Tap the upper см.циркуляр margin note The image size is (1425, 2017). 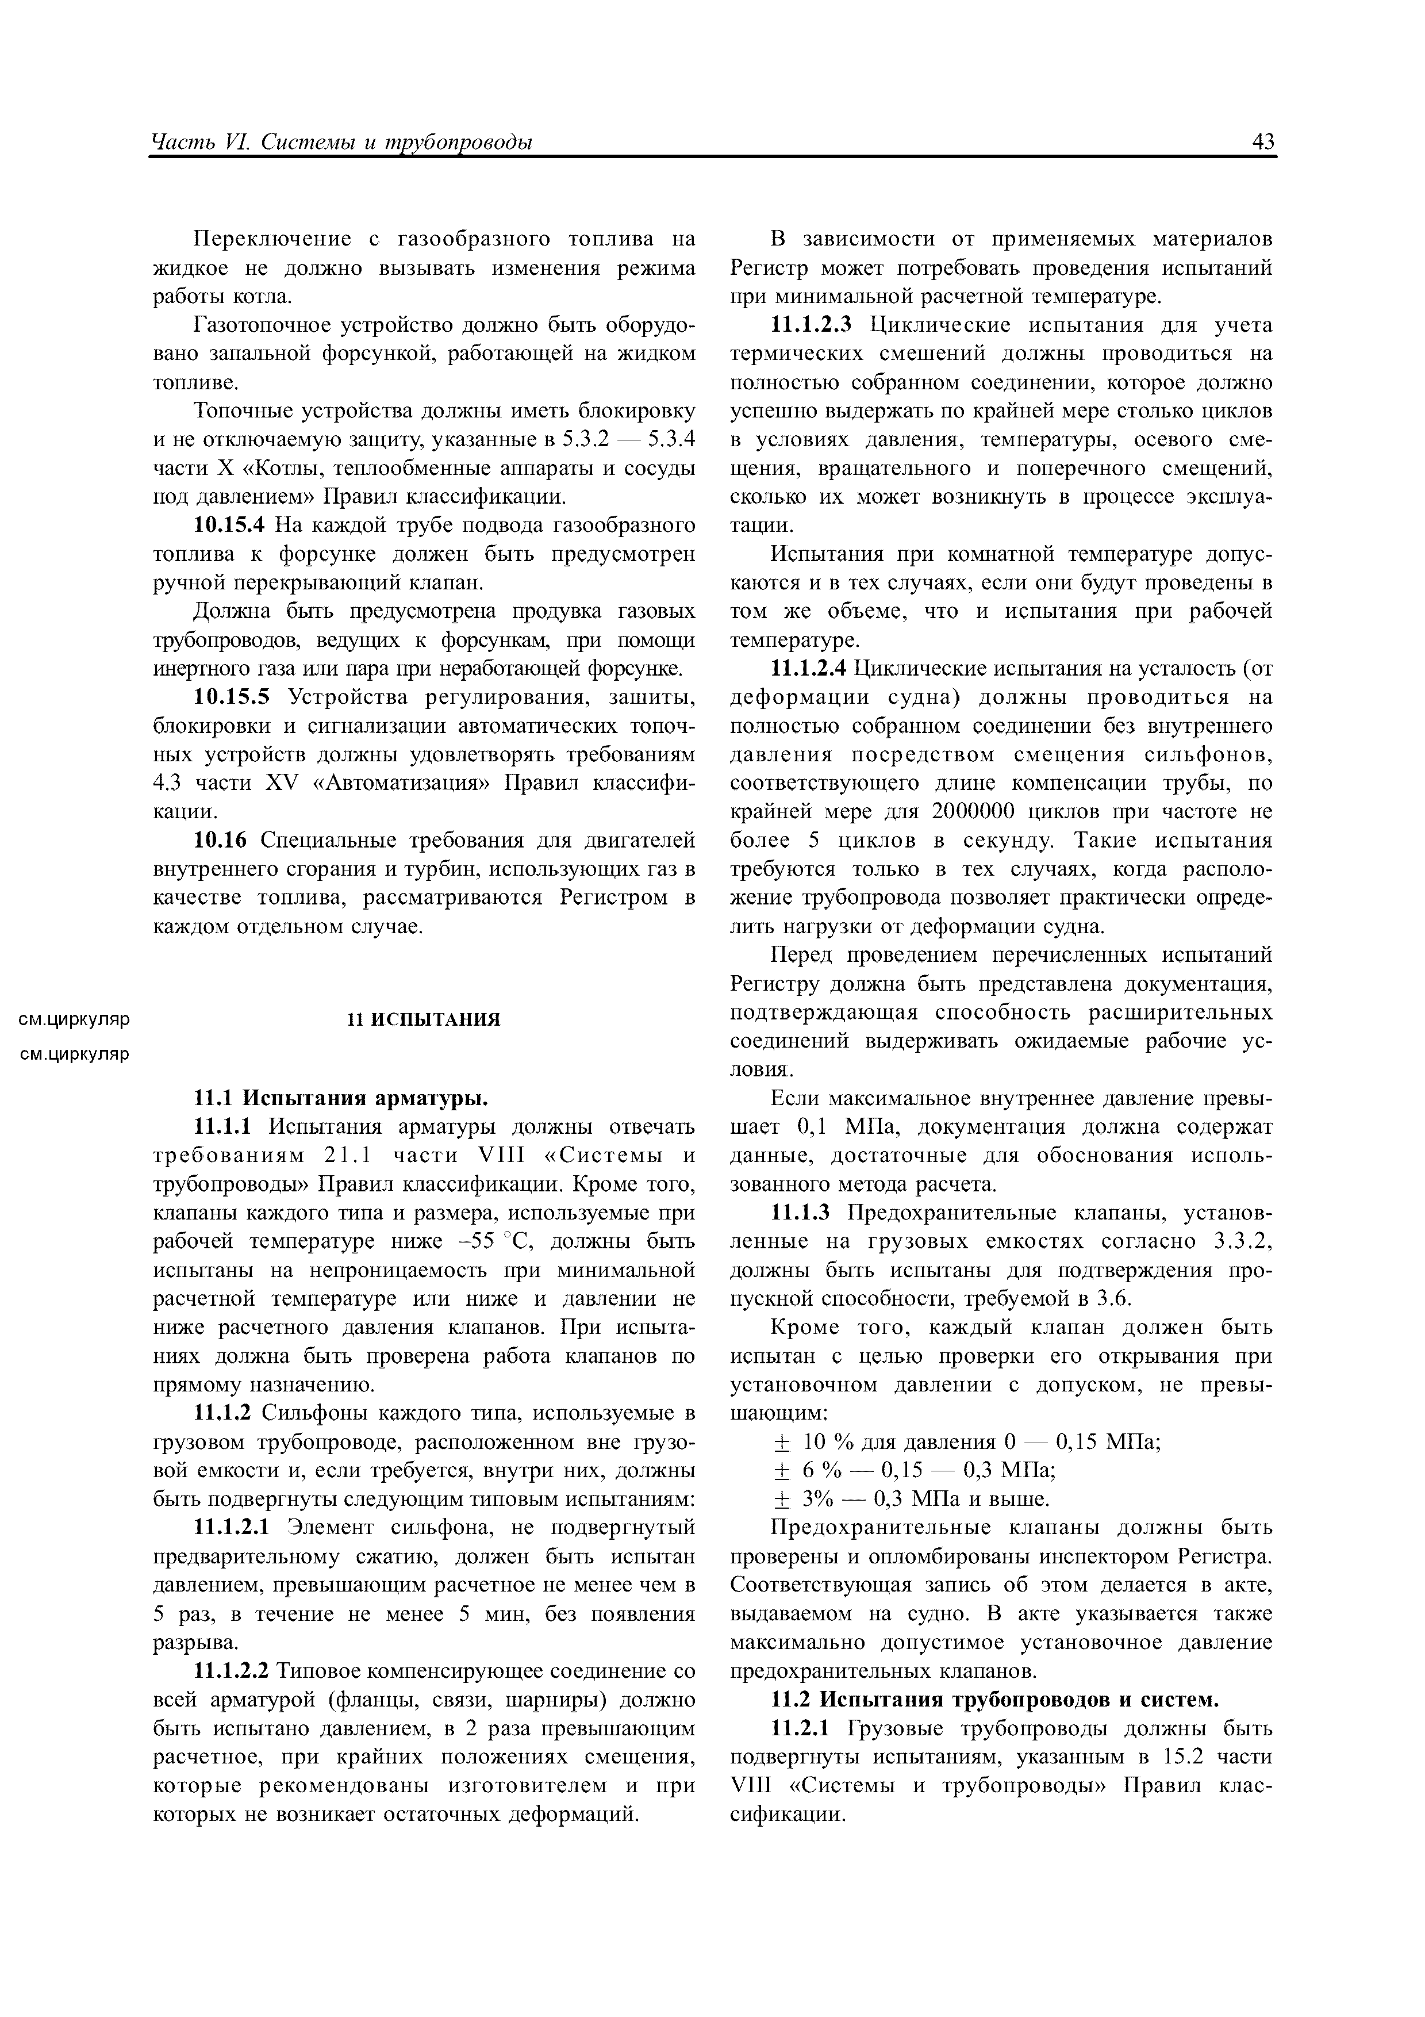pos(75,1019)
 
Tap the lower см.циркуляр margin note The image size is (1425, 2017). pos(75,1053)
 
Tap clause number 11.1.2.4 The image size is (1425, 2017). pos(809,669)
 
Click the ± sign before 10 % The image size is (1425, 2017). pos(781,1443)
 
